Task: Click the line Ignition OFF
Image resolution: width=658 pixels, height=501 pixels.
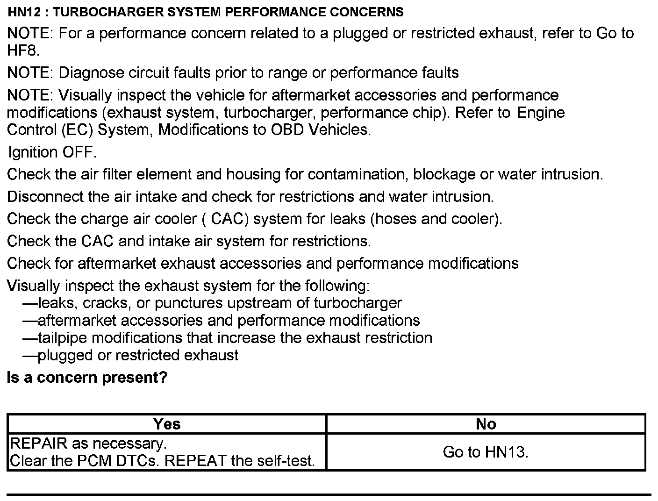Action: coord(52,152)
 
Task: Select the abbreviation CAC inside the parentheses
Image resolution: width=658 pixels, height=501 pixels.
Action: coord(229,219)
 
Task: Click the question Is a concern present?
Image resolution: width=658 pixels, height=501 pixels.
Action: coord(87,378)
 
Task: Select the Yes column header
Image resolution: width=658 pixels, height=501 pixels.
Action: coord(167,424)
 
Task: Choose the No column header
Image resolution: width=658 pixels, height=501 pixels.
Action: coord(486,424)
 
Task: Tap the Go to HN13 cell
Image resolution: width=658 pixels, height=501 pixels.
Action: coord(486,452)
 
